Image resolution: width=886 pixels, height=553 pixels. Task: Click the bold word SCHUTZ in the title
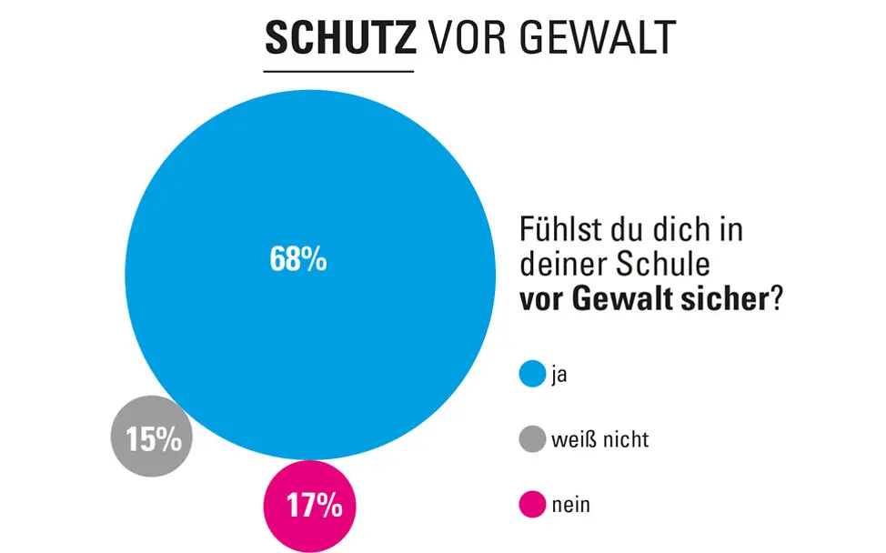pos(339,37)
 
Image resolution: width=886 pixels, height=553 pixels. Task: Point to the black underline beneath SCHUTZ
pos(338,71)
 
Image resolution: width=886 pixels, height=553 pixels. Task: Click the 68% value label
pos(297,260)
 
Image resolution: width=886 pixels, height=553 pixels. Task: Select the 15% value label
pos(153,439)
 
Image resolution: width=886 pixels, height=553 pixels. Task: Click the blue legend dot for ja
pos(531,374)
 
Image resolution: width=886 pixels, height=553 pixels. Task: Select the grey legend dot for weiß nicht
pos(531,440)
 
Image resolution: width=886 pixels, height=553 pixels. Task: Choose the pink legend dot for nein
pos(531,504)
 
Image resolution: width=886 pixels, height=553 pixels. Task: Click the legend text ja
pos(559,375)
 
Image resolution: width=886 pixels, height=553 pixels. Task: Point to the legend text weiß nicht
pos(599,440)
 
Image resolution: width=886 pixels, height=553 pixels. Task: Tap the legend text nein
pos(570,505)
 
